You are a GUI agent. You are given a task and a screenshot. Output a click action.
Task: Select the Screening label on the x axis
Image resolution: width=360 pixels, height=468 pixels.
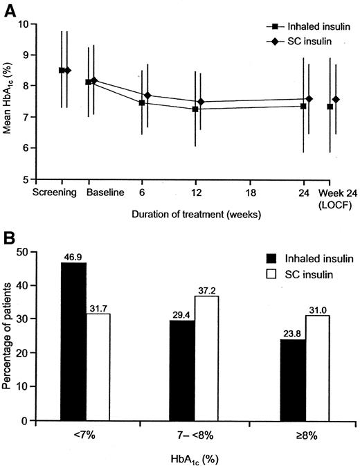(x=52, y=192)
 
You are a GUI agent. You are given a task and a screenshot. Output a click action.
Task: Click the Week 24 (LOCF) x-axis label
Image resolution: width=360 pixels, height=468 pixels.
(x=335, y=197)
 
